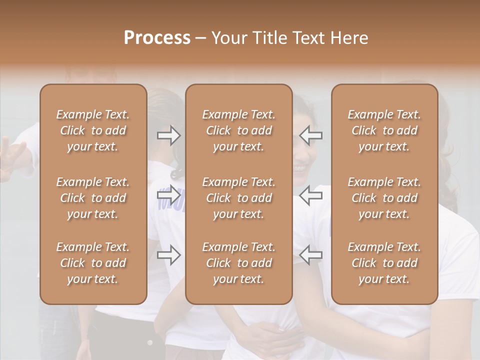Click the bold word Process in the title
pos(157,38)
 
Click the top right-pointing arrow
pos(169,135)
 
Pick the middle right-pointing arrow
pos(169,195)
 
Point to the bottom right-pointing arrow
pos(169,255)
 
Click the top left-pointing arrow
pos(311,135)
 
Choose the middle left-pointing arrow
pos(311,195)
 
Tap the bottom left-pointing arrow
pos(311,255)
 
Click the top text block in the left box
pos(93,130)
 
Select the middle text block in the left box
pos(93,198)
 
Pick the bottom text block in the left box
pos(93,263)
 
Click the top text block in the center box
pos(239,130)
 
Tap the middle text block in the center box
pos(239,198)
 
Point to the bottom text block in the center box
pos(239,263)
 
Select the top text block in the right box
pos(384,130)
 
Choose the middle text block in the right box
pos(384,198)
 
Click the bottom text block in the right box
pos(384,263)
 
